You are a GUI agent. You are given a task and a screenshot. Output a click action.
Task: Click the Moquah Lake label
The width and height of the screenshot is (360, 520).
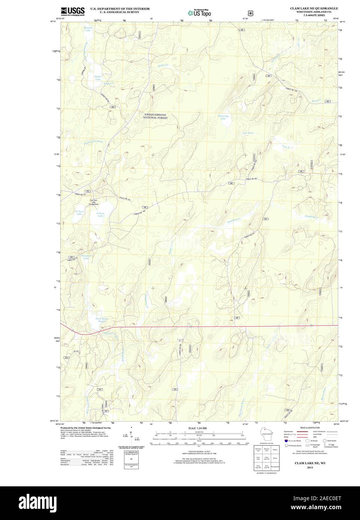87,29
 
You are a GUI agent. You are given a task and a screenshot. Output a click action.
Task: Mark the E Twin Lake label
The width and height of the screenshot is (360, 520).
100,214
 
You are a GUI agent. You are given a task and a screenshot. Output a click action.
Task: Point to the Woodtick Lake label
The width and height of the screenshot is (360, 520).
86,257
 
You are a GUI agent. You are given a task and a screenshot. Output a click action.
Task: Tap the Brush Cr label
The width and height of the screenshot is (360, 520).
316,101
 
